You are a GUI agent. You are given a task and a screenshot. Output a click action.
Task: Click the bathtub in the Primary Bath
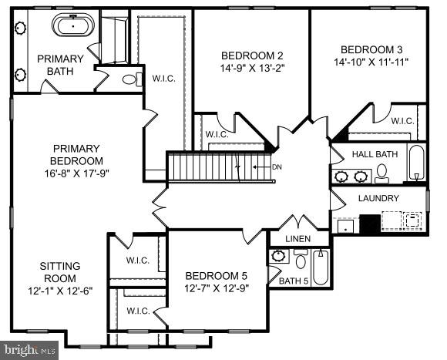coord(73,25)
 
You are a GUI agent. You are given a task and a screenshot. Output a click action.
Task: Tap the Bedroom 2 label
coord(252,56)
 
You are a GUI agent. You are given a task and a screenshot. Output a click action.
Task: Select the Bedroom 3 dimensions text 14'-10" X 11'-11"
coord(371,61)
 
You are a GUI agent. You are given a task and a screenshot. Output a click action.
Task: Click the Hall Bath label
coord(375,154)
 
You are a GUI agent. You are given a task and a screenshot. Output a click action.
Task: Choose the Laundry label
coord(378,198)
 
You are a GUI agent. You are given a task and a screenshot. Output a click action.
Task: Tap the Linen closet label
coord(297,239)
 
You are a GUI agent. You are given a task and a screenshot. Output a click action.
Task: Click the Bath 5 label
coord(293,281)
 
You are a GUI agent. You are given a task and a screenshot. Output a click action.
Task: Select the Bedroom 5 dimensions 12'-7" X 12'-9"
coord(217,288)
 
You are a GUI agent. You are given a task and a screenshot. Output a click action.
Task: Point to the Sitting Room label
coord(59,272)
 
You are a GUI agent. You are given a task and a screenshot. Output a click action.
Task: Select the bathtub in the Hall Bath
coord(416,164)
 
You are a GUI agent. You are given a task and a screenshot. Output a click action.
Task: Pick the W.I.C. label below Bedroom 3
coord(402,121)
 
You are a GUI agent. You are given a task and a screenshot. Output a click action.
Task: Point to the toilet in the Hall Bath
coord(382,173)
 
